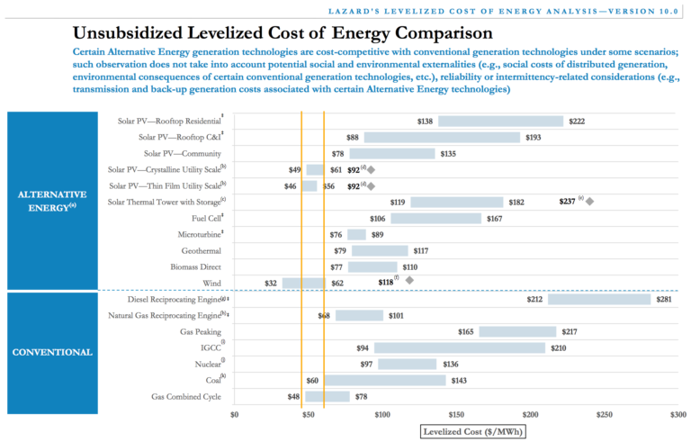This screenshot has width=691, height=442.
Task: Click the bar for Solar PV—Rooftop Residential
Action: [x=500, y=122]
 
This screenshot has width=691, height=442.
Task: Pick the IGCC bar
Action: [x=460, y=348]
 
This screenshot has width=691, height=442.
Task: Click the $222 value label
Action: [x=578, y=122]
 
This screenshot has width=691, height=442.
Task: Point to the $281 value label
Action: [x=665, y=300]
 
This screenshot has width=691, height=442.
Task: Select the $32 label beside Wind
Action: [x=271, y=284]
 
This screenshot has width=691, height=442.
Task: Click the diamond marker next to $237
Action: [x=589, y=202]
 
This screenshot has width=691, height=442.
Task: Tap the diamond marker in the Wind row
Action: [x=409, y=281]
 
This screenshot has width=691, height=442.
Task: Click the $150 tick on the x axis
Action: [x=456, y=415]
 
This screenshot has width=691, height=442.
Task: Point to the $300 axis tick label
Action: [x=678, y=415]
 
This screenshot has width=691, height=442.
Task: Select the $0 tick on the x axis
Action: [x=235, y=415]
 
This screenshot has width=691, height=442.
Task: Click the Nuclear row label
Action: [x=206, y=365]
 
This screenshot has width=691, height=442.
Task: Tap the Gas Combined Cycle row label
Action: [x=187, y=397]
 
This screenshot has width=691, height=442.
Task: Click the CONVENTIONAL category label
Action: [x=52, y=352]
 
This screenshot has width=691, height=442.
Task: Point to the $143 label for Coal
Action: [x=460, y=381]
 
